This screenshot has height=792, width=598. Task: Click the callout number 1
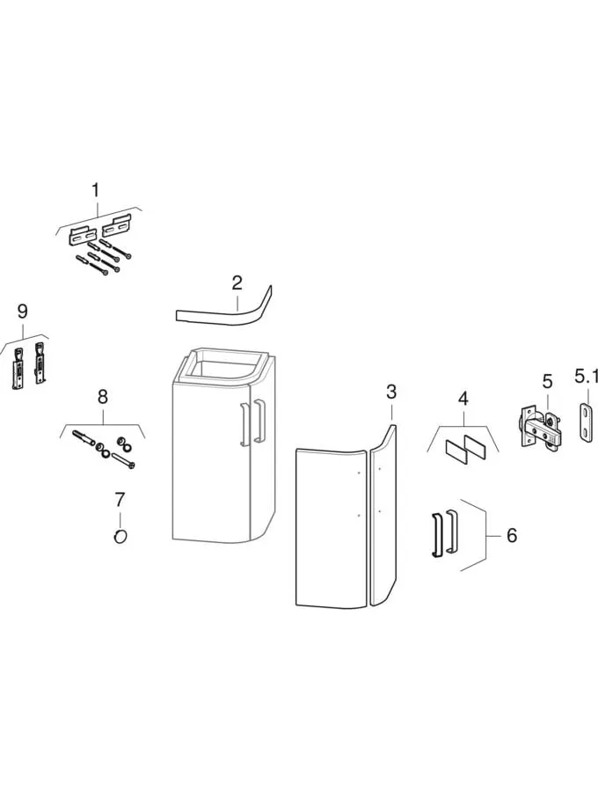coord(95,190)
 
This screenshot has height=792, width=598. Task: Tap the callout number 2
coord(237,282)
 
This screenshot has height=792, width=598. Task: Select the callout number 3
coord(391,392)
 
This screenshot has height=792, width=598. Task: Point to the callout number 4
coord(463,399)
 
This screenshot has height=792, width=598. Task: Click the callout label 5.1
coord(586,377)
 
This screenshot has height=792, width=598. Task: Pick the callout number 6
coord(512,535)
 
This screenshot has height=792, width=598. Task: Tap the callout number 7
coord(119,500)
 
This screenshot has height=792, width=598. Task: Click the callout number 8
coord(102,397)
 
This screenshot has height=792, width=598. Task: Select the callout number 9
coord(22,312)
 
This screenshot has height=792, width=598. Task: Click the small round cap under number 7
coord(120,537)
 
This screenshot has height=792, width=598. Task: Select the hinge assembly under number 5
coord(538,426)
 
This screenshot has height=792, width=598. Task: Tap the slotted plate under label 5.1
coord(586,423)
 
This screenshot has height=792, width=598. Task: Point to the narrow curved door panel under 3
coord(383,515)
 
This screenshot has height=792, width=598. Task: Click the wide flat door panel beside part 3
coord(331,527)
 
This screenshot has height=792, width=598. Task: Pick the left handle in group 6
coord(436,535)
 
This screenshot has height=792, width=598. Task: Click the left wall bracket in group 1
coord(83,236)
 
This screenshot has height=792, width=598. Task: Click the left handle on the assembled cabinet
coord(244,424)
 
